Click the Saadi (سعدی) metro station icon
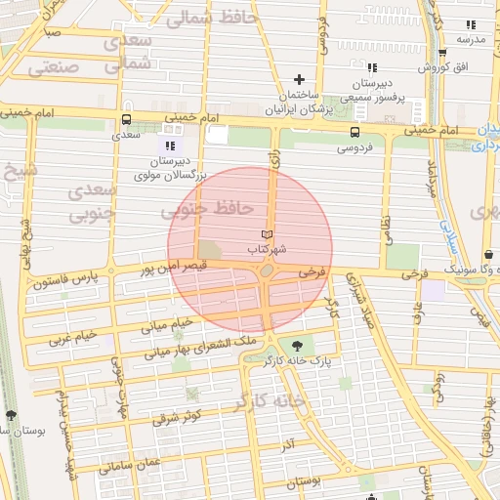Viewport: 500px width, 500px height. pos(125,121)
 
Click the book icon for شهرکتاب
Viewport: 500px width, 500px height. pos(267,235)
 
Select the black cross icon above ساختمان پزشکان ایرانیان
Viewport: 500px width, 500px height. pos(300,79)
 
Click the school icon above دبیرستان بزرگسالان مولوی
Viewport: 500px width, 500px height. pos(172,146)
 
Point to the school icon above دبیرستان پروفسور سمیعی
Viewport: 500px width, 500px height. pos(370,67)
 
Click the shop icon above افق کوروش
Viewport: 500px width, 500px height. pos(442,54)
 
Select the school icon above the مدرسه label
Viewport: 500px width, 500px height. pos(471,24)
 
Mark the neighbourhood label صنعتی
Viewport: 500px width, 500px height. pos(53,68)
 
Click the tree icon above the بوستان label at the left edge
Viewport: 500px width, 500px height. pos(11,415)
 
